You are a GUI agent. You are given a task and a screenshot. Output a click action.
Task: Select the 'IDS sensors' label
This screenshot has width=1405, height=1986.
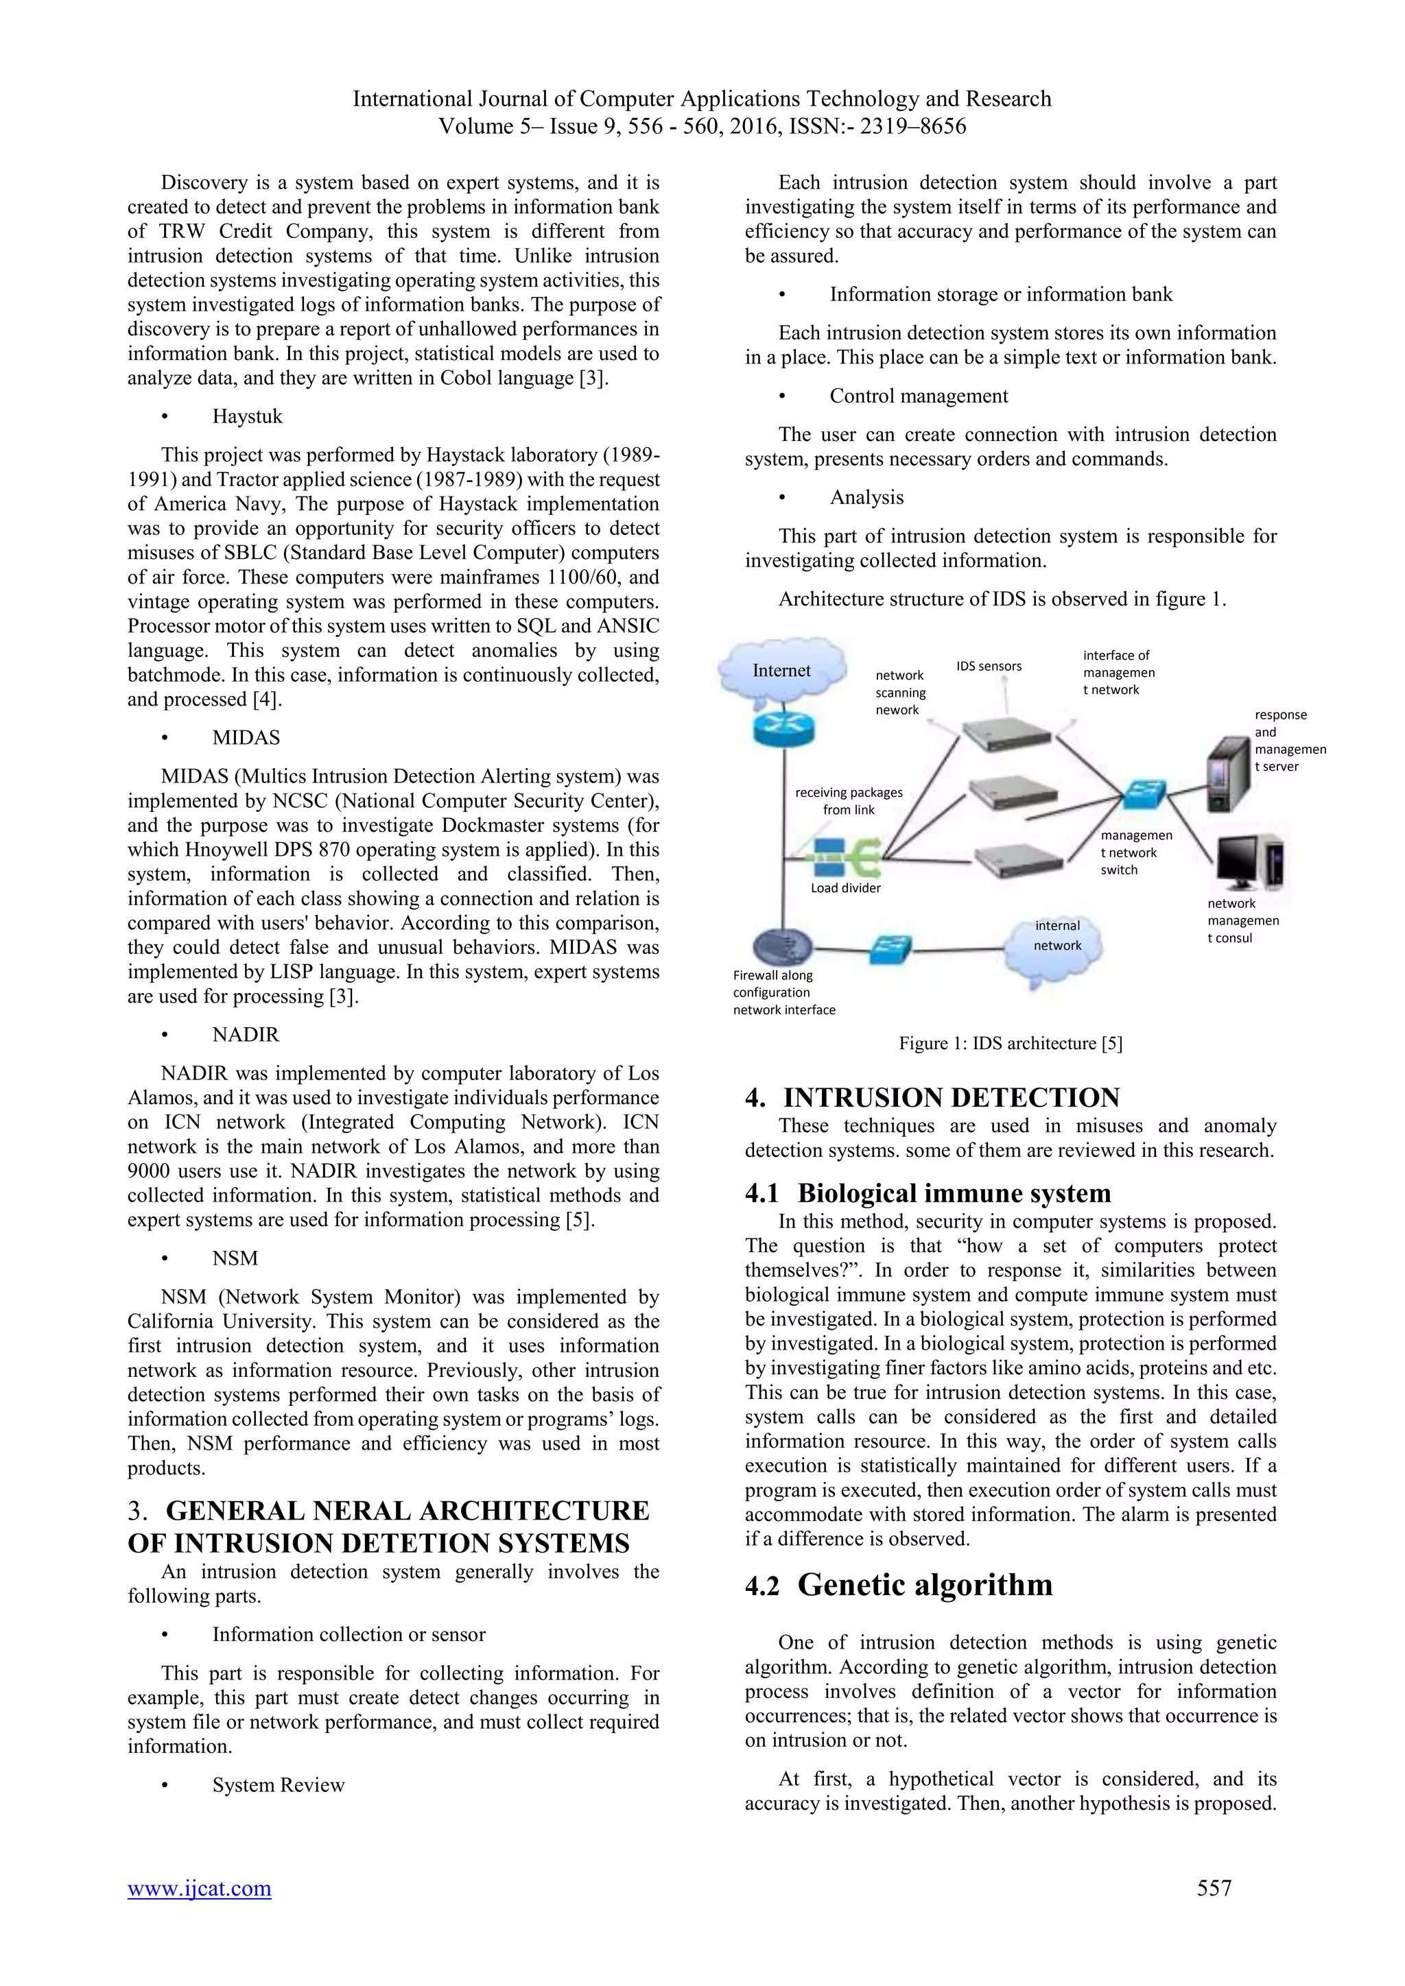(x=988, y=666)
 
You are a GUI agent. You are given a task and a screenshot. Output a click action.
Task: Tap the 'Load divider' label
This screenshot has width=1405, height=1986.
(x=845, y=888)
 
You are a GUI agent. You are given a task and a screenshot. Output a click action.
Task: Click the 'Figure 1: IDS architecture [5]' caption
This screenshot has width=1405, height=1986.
(x=1010, y=1043)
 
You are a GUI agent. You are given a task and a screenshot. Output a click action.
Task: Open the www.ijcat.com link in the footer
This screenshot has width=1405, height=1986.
(x=199, y=1888)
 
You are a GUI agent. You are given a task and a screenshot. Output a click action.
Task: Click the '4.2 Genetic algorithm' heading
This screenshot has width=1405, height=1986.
(x=899, y=1586)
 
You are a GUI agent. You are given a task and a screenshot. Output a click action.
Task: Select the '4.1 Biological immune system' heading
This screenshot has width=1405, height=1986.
(x=928, y=1194)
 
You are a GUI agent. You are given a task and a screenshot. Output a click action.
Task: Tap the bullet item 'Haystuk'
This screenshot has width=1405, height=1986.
(x=248, y=417)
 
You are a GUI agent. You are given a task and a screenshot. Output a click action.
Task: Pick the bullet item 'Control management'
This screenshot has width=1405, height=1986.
(x=918, y=396)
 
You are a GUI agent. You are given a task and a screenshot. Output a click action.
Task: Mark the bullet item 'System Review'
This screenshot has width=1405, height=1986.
(x=278, y=1785)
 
